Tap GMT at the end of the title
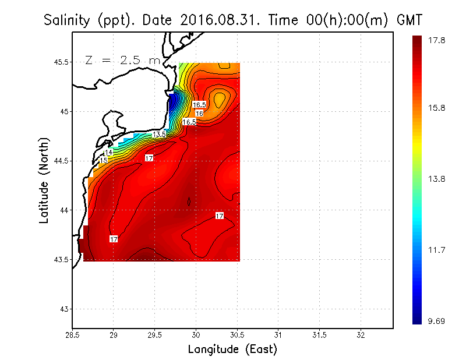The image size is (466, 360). click(409, 20)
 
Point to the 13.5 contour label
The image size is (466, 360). click(160, 134)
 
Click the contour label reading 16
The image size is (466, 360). click(199, 114)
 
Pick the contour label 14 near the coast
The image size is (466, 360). click(108, 153)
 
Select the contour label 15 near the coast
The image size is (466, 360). click(104, 160)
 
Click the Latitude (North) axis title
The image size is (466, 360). click(45, 179)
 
